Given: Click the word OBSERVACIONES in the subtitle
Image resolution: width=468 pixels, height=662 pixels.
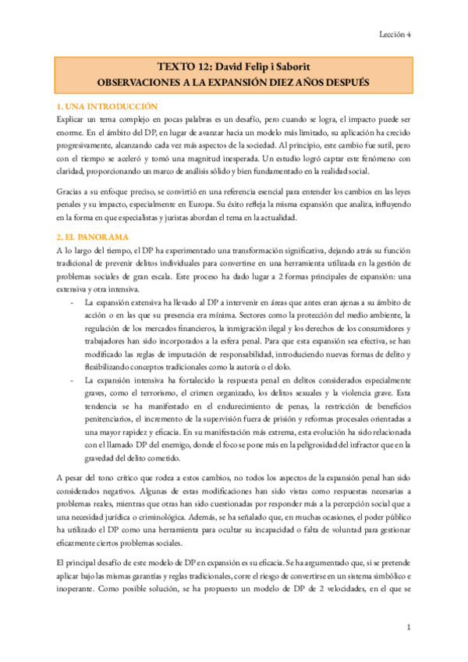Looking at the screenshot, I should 144,80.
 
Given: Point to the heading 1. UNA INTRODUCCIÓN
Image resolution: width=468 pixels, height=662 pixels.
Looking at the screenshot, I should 108,105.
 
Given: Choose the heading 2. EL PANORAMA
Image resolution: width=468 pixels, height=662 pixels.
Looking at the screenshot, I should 93,236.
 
